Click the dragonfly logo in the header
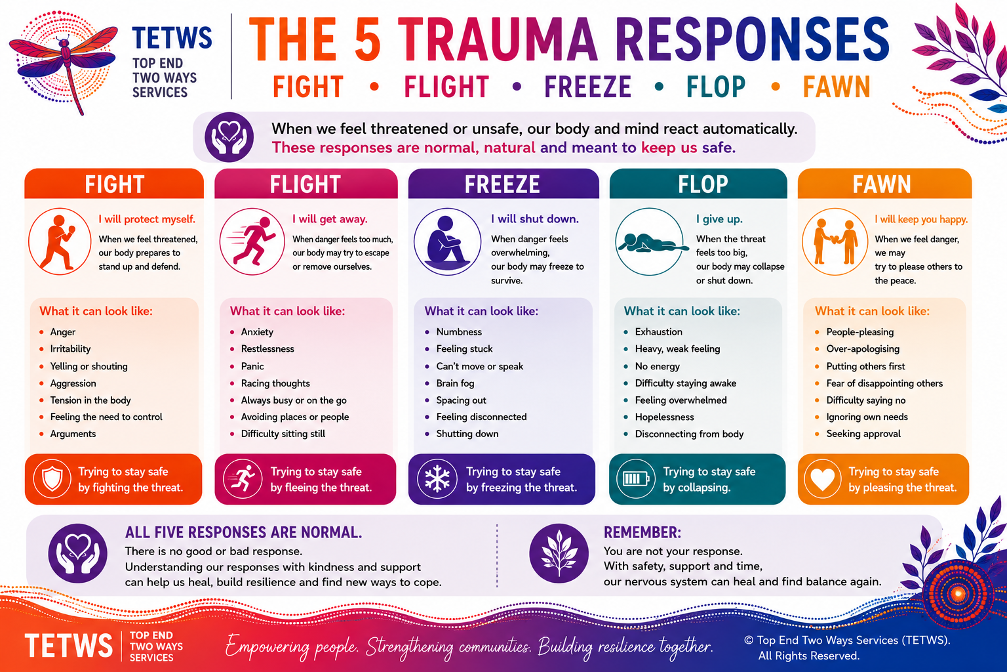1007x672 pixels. [x=64, y=62]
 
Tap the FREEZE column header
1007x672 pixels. [x=502, y=184]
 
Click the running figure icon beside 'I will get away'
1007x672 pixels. [x=252, y=241]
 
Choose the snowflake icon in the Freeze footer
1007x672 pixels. [x=437, y=479]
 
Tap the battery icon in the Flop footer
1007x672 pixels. [x=635, y=479]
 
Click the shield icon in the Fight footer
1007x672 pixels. [x=52, y=479]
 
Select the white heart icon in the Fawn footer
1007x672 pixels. [x=822, y=479]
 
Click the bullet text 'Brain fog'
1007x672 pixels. [x=455, y=383]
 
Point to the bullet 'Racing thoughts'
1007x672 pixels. [x=275, y=383]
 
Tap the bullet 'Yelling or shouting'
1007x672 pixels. [x=89, y=366]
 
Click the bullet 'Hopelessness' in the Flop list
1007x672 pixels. [x=664, y=417]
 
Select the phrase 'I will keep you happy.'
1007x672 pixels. [x=920, y=220]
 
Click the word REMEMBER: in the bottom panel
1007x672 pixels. [x=642, y=532]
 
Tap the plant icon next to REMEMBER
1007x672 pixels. [x=559, y=554]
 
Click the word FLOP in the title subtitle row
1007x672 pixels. [x=715, y=87]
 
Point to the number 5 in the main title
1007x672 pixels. [x=368, y=39]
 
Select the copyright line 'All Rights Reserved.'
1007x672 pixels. [x=809, y=656]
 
